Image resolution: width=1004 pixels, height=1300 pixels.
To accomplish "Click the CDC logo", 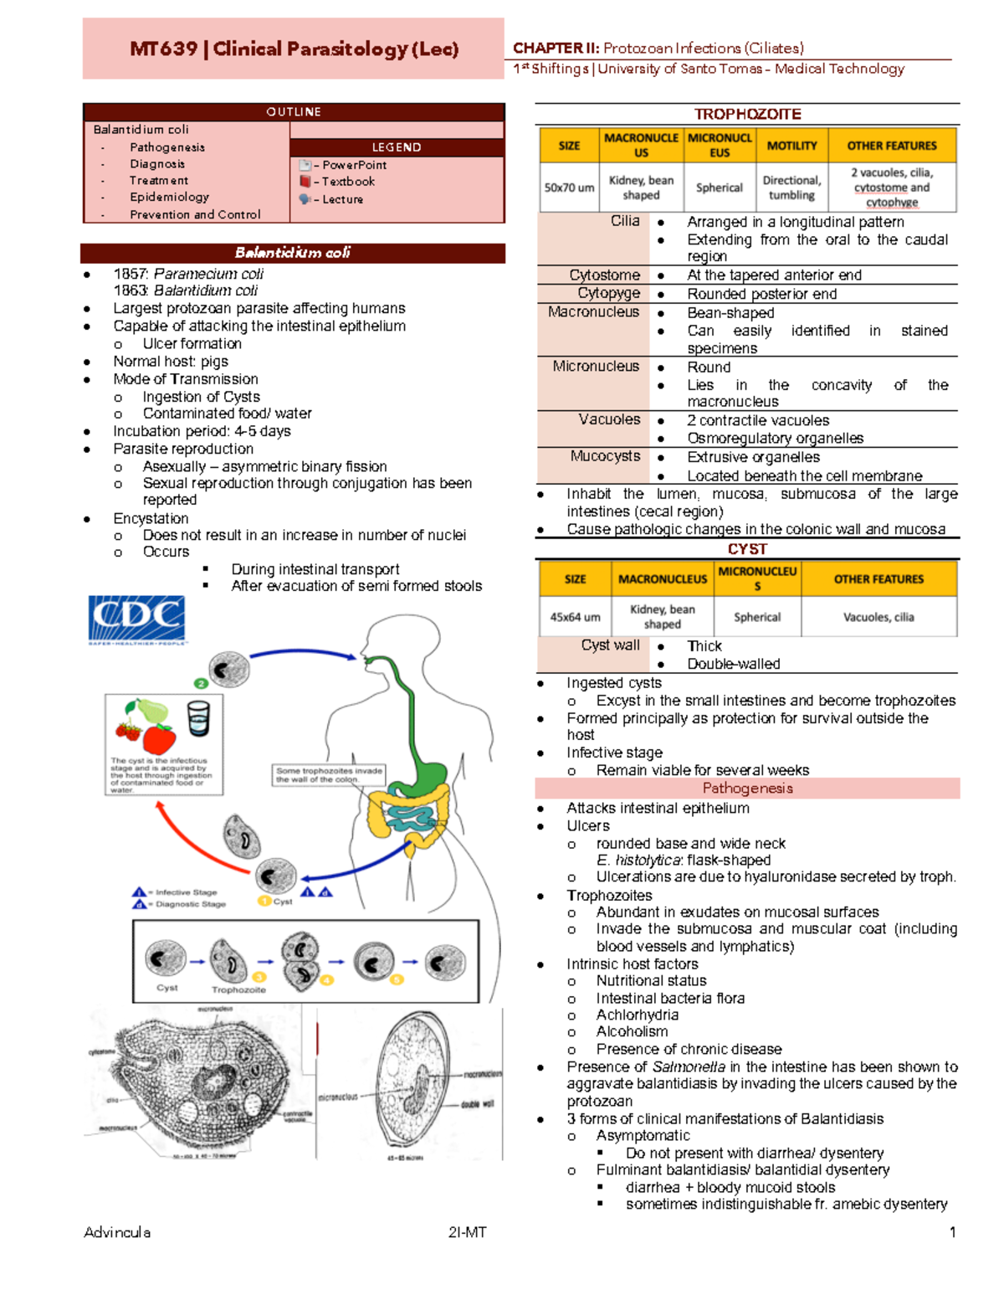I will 136,619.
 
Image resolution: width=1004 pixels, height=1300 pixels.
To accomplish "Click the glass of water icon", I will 198,718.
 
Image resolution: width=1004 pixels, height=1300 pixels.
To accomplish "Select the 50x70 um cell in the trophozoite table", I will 569,188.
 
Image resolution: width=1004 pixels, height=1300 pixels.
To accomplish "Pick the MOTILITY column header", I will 791,146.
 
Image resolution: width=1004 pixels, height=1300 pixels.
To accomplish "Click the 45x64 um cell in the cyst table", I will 575,617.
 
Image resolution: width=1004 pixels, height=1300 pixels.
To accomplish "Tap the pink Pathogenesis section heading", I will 747,789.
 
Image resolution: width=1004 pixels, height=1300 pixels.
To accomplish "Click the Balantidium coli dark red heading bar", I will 293,253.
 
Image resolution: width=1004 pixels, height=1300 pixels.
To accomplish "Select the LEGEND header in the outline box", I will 397,147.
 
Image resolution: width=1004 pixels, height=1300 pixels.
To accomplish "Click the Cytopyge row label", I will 608,293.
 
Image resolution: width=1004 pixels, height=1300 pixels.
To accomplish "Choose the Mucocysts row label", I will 605,456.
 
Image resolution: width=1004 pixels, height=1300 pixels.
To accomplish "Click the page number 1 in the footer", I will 952,1232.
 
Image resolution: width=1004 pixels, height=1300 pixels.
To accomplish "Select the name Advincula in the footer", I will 117,1232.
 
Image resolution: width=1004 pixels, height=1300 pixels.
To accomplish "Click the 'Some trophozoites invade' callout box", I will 329,774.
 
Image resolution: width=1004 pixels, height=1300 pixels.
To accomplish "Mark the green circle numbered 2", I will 201,683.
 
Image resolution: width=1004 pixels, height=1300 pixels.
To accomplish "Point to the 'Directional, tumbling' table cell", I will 791,188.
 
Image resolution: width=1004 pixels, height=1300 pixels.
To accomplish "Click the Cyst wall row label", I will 610,645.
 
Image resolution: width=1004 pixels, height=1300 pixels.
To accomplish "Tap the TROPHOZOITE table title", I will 747,114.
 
